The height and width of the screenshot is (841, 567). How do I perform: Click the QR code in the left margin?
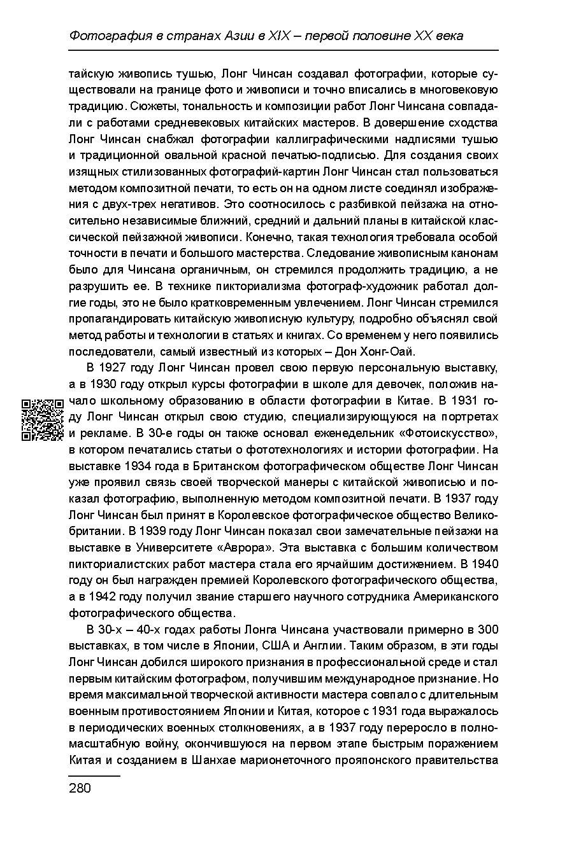coord(43,419)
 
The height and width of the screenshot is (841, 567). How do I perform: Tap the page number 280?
coord(80,789)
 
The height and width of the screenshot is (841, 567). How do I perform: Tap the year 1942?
coord(105,597)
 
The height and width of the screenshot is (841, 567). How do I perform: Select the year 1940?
coord(484,564)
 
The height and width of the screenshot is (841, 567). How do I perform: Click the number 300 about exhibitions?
coord(487,630)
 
